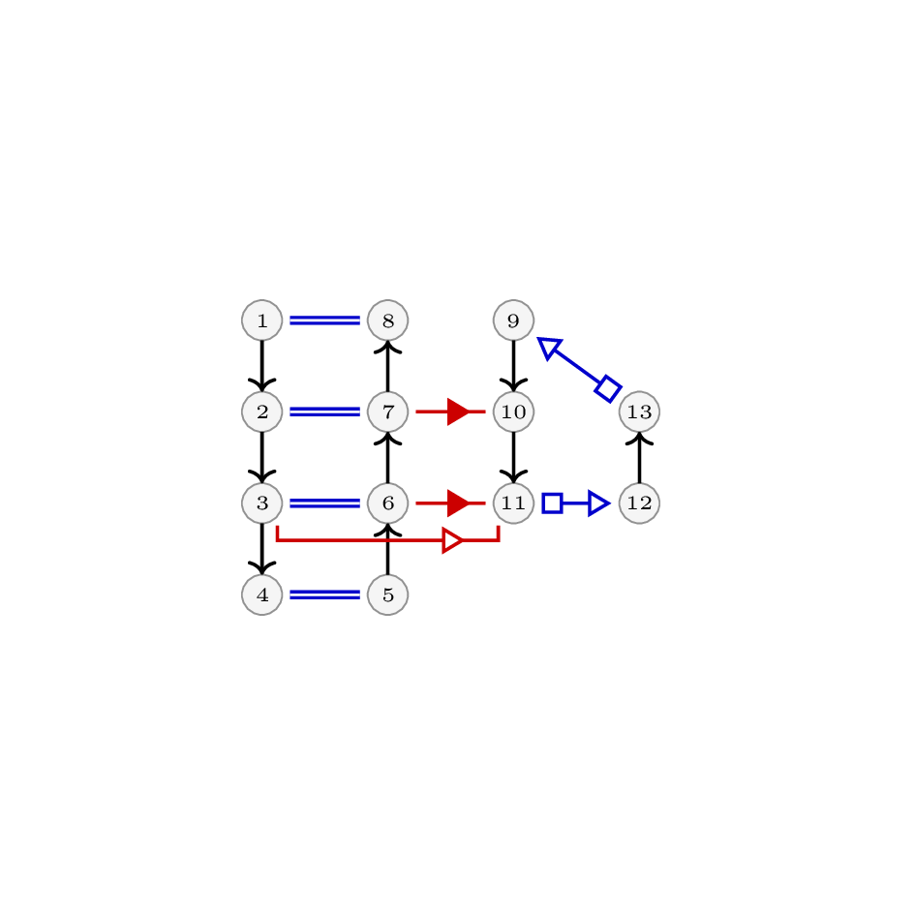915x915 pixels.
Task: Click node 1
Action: pos(262,320)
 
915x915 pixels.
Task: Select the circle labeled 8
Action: pos(387,320)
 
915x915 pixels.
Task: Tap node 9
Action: pos(513,320)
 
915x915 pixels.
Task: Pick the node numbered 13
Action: pos(640,412)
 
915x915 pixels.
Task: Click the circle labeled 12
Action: pos(640,503)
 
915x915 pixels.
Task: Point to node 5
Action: pos(387,595)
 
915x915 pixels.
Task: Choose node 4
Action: pos(262,595)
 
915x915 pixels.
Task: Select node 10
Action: pos(513,412)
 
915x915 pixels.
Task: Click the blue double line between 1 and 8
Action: pos(324,320)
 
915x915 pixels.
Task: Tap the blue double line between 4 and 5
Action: pos(324,595)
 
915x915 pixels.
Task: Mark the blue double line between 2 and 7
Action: pos(324,412)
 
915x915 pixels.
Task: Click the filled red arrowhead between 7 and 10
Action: pos(458,412)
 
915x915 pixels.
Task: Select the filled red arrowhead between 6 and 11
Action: pos(458,503)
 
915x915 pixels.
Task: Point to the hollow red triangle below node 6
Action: pos(453,540)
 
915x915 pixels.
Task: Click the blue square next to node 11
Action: pos(552,503)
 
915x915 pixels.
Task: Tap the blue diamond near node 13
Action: pos(608,388)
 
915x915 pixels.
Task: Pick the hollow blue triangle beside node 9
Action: pos(549,348)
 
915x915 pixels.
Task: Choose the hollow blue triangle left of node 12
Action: pos(599,503)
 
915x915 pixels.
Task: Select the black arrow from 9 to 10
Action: pos(513,366)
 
